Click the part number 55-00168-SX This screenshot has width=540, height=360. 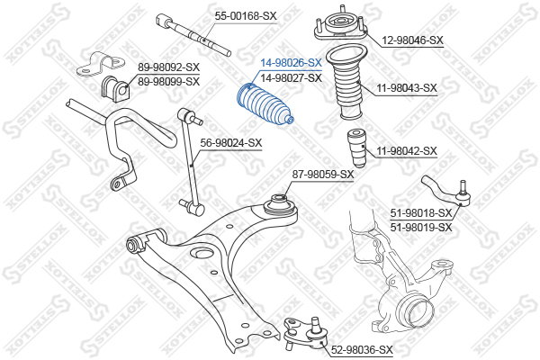pos(246,16)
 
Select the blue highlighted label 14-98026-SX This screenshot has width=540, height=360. pos(291,63)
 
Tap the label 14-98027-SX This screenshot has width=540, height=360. pos(291,78)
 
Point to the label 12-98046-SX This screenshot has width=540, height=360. pos(412,40)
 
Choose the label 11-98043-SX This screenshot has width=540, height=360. pos(407,88)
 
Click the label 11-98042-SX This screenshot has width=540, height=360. pos(407,151)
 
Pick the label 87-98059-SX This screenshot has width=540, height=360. pos(323,175)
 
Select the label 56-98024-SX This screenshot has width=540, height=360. pos(231,142)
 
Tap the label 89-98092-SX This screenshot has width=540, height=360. pos(169,67)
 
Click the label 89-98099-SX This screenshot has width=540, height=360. pos(169,82)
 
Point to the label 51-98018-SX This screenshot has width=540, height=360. pos(421,213)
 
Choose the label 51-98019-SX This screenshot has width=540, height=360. pos(421,228)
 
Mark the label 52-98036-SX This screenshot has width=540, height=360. pos(362,350)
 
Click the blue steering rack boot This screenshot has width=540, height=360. pos(265,104)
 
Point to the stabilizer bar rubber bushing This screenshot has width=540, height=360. pos(115,86)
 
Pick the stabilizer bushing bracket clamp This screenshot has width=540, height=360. pos(101,64)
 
